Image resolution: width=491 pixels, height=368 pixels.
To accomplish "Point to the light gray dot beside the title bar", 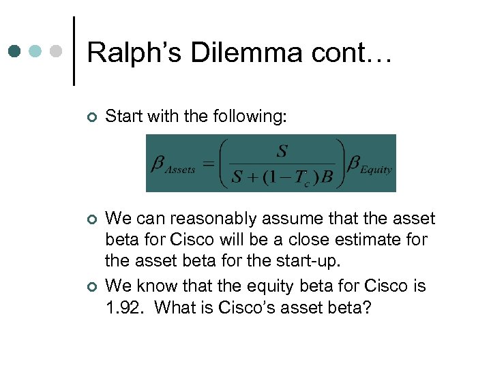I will click(58, 52).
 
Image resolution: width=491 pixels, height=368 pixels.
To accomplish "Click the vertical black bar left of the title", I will click(74, 51).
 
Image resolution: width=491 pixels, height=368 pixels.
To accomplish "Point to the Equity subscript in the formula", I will click(376, 170).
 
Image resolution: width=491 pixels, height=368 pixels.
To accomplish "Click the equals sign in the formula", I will click(208, 164).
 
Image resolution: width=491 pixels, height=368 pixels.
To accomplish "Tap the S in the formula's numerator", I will click(282, 150).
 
